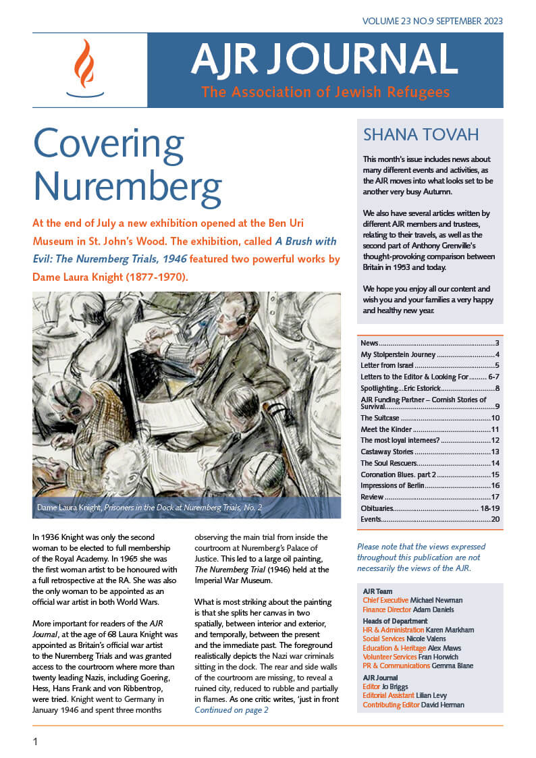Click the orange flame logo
(x=84, y=65)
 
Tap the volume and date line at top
(x=432, y=21)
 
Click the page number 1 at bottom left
(x=35, y=741)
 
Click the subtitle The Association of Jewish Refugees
(x=325, y=92)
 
